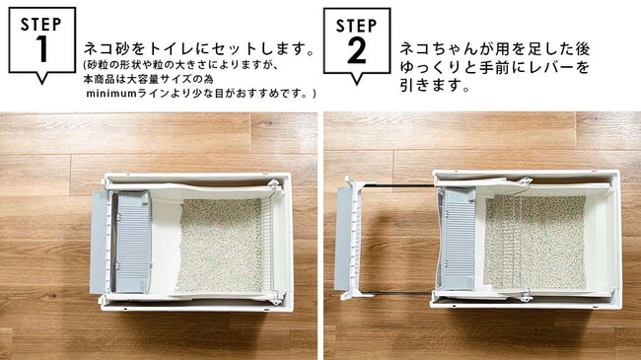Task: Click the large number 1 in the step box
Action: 42,49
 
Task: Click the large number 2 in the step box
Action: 357,50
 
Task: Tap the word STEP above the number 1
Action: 41,24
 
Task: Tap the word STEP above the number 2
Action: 356,26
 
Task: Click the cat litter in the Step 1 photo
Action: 220,245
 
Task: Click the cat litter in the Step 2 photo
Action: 534,243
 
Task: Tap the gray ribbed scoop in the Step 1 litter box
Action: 132,242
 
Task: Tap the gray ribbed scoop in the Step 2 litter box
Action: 458,238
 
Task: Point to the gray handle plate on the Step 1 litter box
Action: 98,242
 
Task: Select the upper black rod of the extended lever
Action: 397,185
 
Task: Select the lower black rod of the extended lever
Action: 396,293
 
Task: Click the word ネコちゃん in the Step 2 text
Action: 438,49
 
